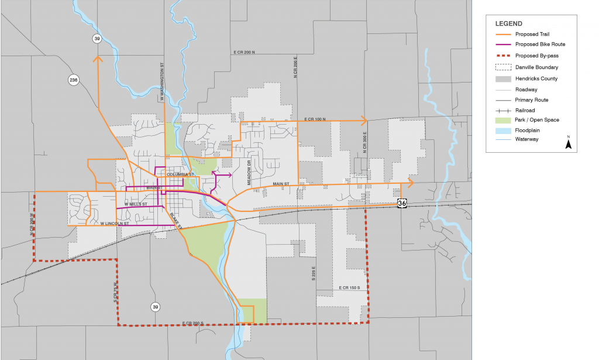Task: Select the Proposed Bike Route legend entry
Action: coord(540,44)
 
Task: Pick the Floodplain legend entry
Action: coord(528,130)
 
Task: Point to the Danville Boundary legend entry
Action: coord(536,67)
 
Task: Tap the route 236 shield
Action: coord(74,80)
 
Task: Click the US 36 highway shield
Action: coord(401,203)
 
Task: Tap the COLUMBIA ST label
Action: coord(181,175)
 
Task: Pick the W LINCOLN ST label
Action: coord(115,224)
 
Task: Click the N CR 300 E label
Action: coord(364,143)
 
